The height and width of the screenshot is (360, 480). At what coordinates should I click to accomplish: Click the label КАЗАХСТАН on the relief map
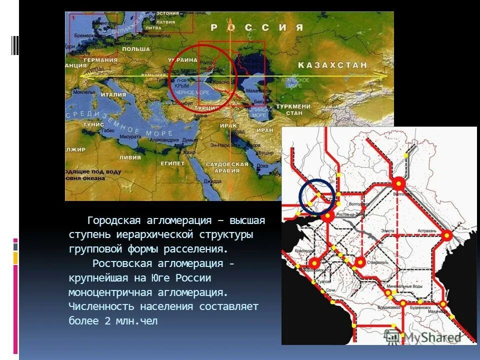[333, 65]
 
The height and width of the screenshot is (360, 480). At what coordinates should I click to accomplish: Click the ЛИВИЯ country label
[129, 156]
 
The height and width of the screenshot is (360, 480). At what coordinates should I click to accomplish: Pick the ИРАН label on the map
[264, 129]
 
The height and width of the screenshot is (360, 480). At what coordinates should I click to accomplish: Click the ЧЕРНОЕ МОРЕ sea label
[193, 92]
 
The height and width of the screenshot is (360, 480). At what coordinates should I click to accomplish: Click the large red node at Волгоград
[398, 184]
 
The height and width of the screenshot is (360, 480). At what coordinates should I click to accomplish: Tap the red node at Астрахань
[446, 235]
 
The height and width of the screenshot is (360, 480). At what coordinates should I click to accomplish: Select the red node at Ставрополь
[359, 261]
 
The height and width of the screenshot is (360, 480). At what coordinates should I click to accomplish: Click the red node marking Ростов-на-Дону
[327, 216]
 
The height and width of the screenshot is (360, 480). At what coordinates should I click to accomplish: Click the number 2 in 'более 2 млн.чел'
[107, 321]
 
